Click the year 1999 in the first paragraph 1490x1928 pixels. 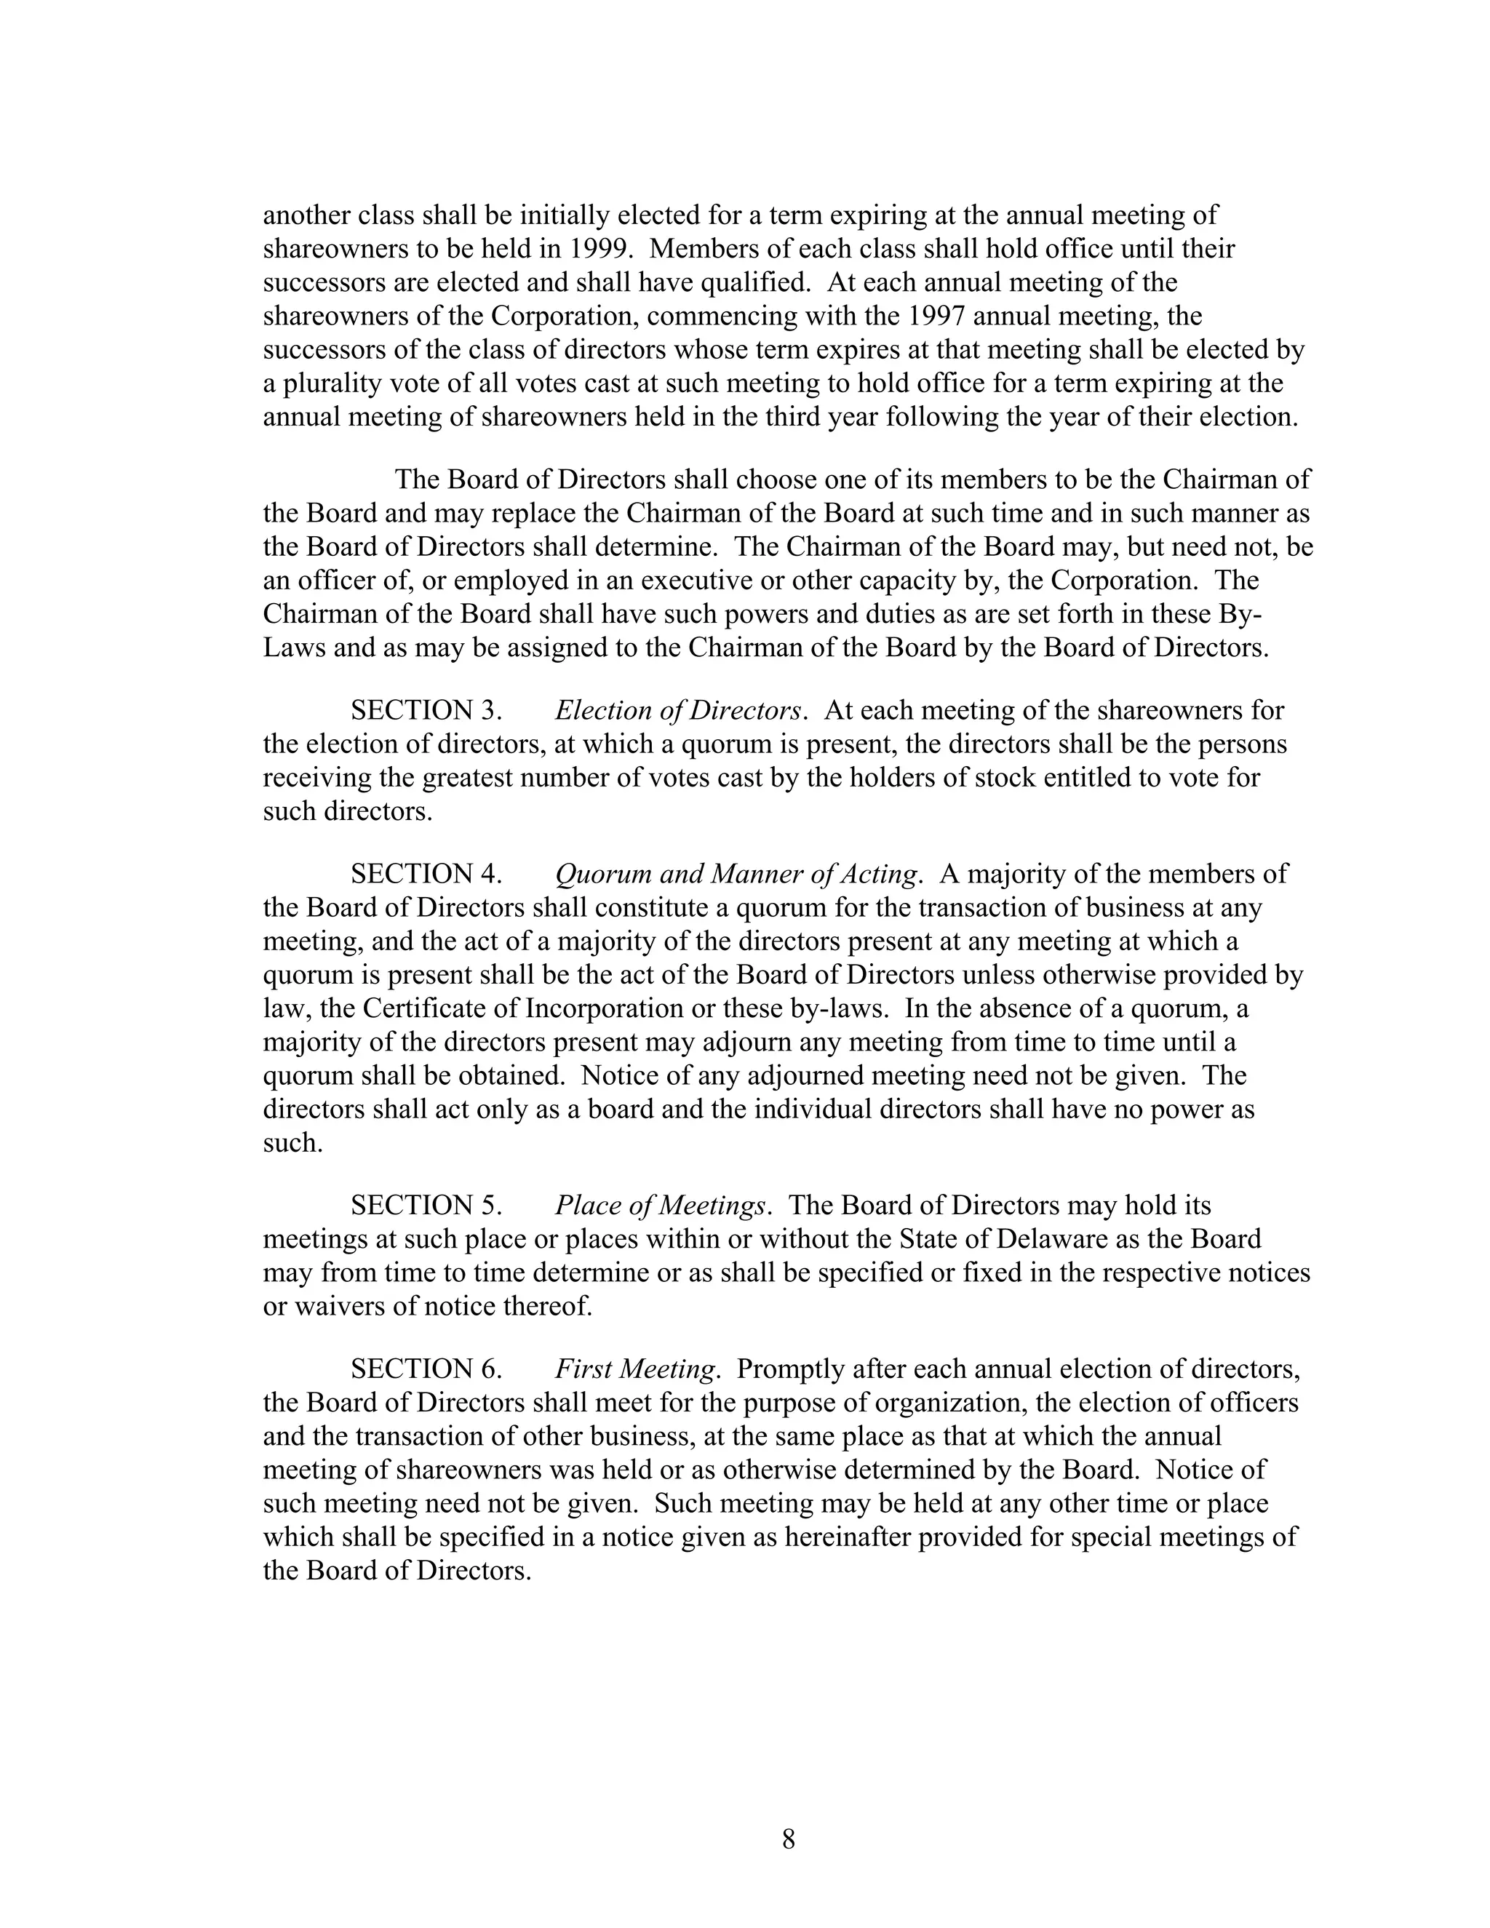[x=599, y=249]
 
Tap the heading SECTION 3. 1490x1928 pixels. [x=426, y=711]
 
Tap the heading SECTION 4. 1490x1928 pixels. [x=426, y=874]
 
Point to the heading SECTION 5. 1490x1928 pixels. [x=426, y=1206]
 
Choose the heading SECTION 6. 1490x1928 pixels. [x=426, y=1369]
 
